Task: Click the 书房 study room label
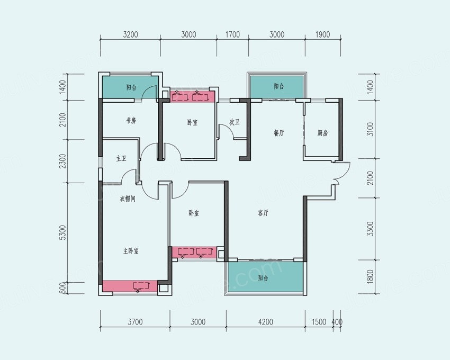pos(131,121)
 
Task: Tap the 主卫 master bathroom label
pos(121,158)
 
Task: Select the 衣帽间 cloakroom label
pos(128,199)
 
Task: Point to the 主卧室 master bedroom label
pos(131,251)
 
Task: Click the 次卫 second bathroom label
pos(234,122)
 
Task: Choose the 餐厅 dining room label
pos(278,133)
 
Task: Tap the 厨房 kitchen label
pos(322,133)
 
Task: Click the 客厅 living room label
pos(263,213)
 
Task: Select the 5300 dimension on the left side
pos(63,232)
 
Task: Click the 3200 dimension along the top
pos(130,34)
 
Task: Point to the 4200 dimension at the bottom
pos(265,322)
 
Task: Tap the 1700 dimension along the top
pos(232,34)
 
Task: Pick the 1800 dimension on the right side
pos(370,277)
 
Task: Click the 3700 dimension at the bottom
pos(135,322)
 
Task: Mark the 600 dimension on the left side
pos(63,288)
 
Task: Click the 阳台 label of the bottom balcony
pos(263,278)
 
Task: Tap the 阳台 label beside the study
pos(131,87)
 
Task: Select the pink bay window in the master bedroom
pos(130,286)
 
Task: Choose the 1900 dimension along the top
pos(322,34)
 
